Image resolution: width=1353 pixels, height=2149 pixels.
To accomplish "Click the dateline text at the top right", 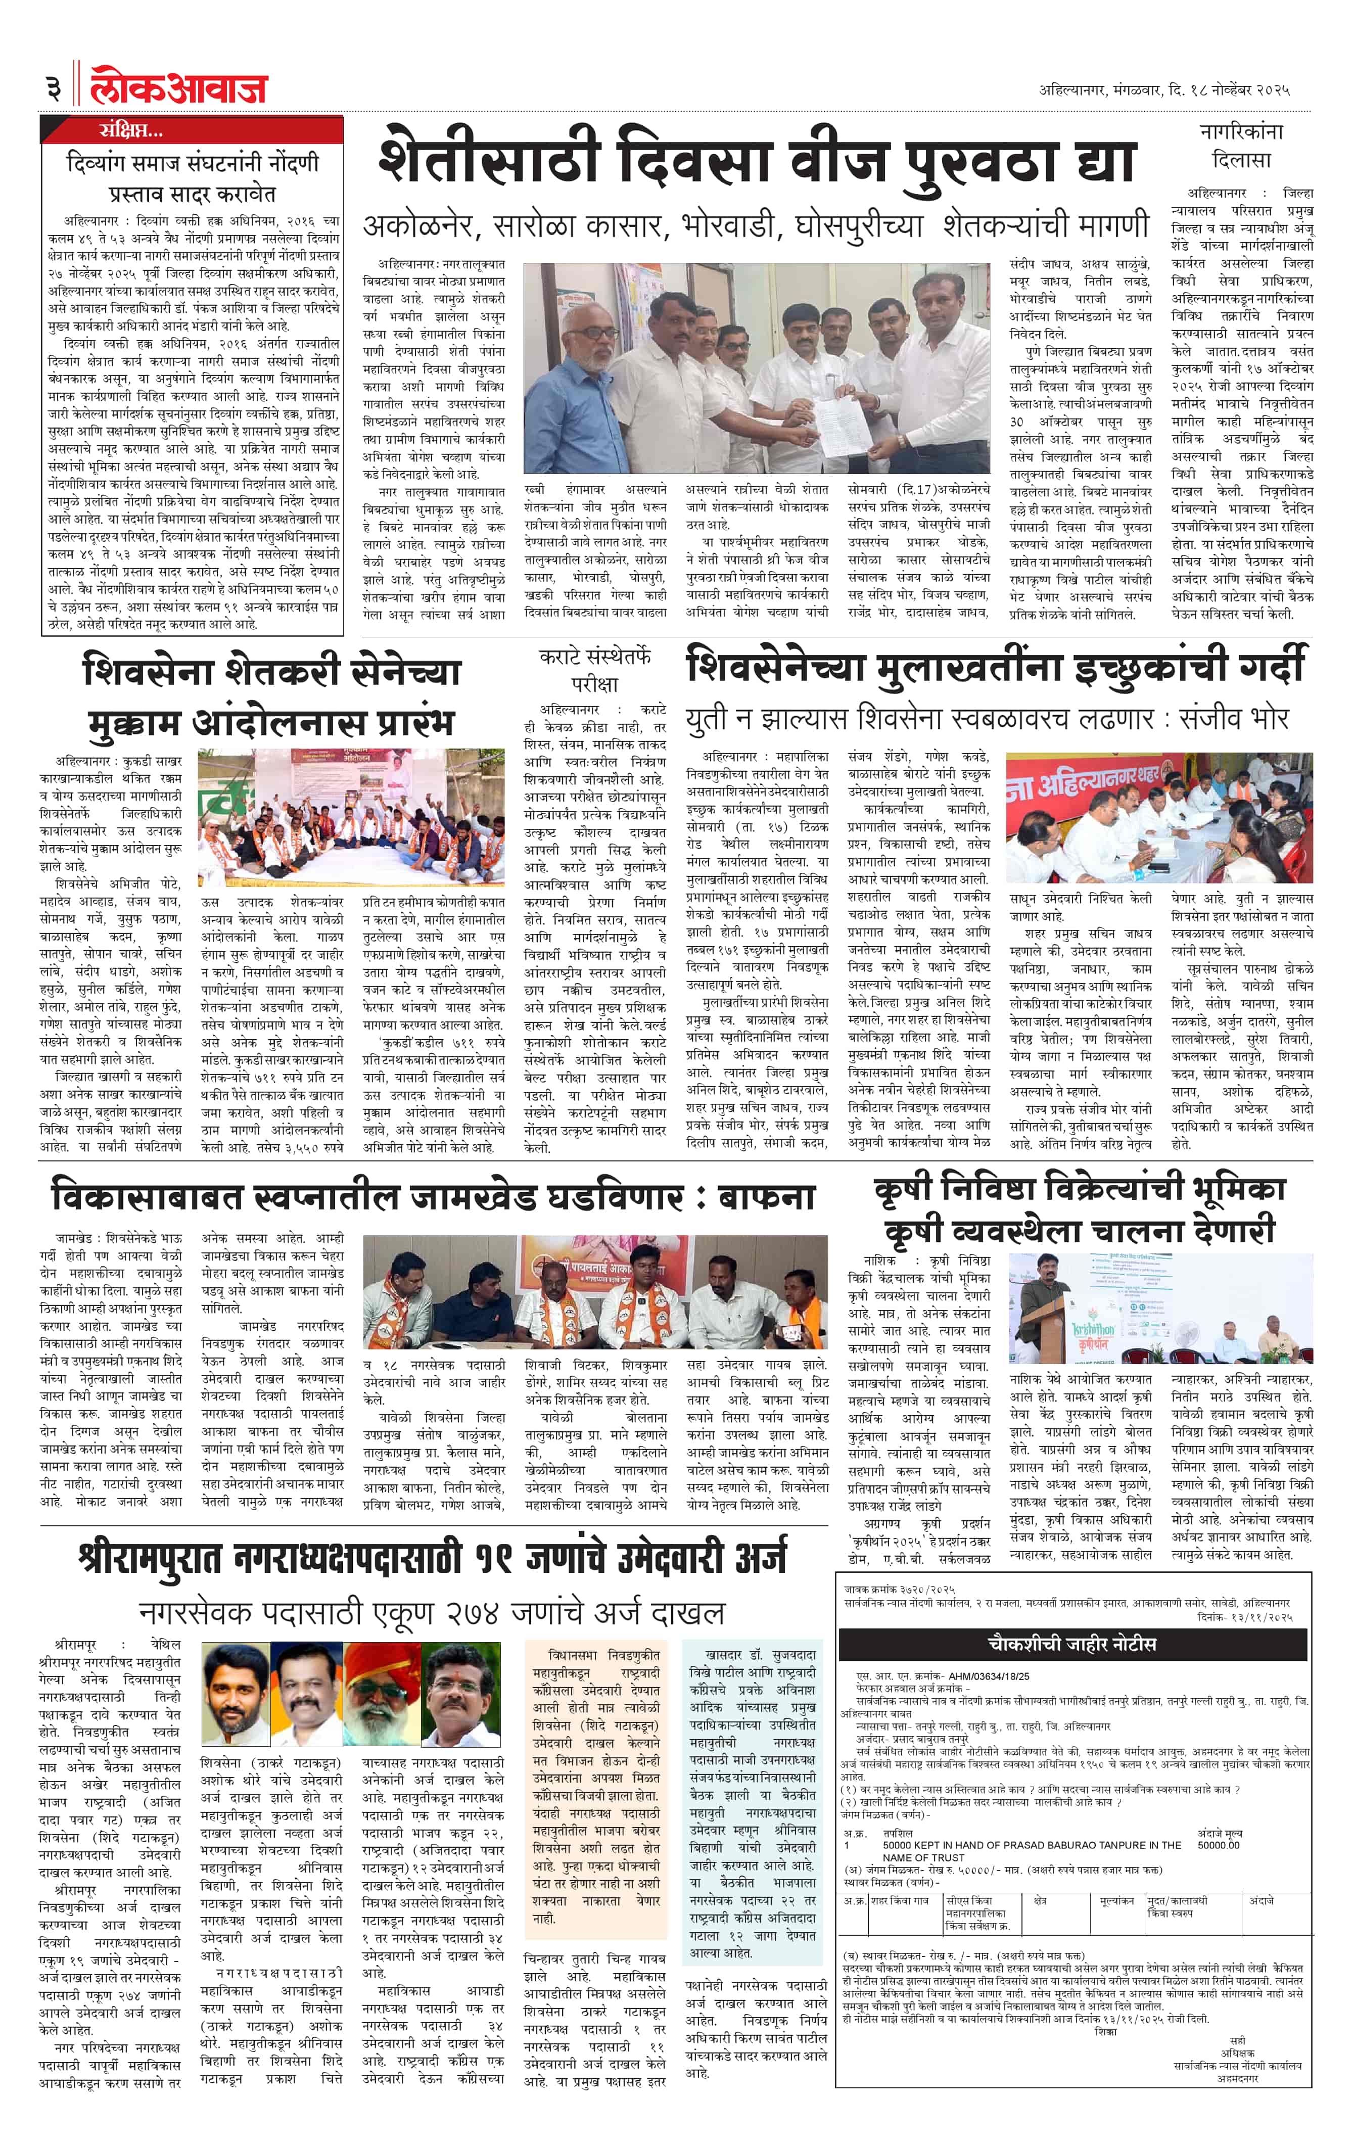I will (x=1164, y=90).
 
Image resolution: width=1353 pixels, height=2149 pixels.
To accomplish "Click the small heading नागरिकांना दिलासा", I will (x=1241, y=146).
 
